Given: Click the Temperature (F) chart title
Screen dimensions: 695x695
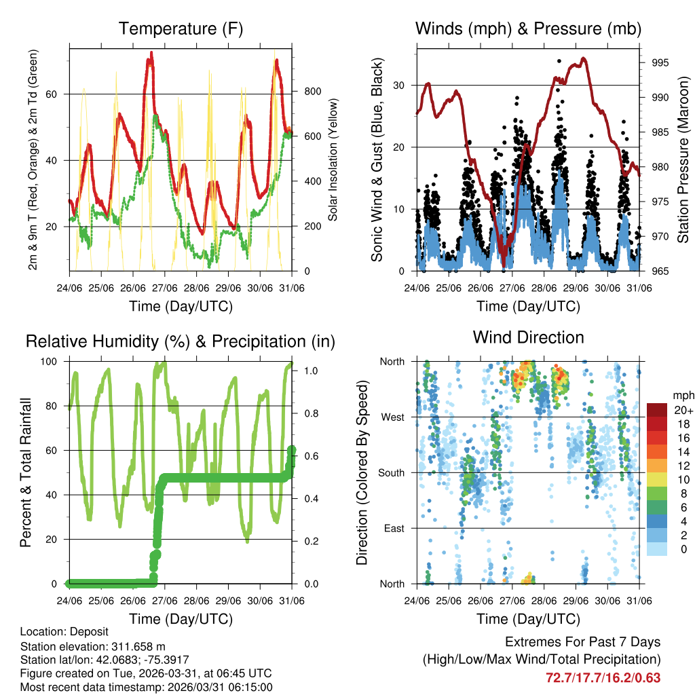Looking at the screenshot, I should click(181, 29).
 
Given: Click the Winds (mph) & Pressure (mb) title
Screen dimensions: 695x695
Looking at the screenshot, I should click(528, 29).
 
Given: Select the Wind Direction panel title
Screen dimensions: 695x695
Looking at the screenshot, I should click(528, 337).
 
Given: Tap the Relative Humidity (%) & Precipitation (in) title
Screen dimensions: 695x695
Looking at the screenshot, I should click(181, 341).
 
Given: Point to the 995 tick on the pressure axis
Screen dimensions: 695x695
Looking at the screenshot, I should click(660, 62).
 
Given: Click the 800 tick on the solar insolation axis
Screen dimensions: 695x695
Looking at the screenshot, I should click(313, 92).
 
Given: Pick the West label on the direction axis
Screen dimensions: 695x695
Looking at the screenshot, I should click(392, 417).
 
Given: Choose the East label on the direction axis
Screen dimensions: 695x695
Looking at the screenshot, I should click(393, 528).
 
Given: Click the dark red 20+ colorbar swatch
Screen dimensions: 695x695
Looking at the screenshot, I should click(658, 410).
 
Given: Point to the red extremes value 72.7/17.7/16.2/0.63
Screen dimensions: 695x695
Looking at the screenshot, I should click(603, 677).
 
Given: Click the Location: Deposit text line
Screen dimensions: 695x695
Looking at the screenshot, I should click(64, 632).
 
